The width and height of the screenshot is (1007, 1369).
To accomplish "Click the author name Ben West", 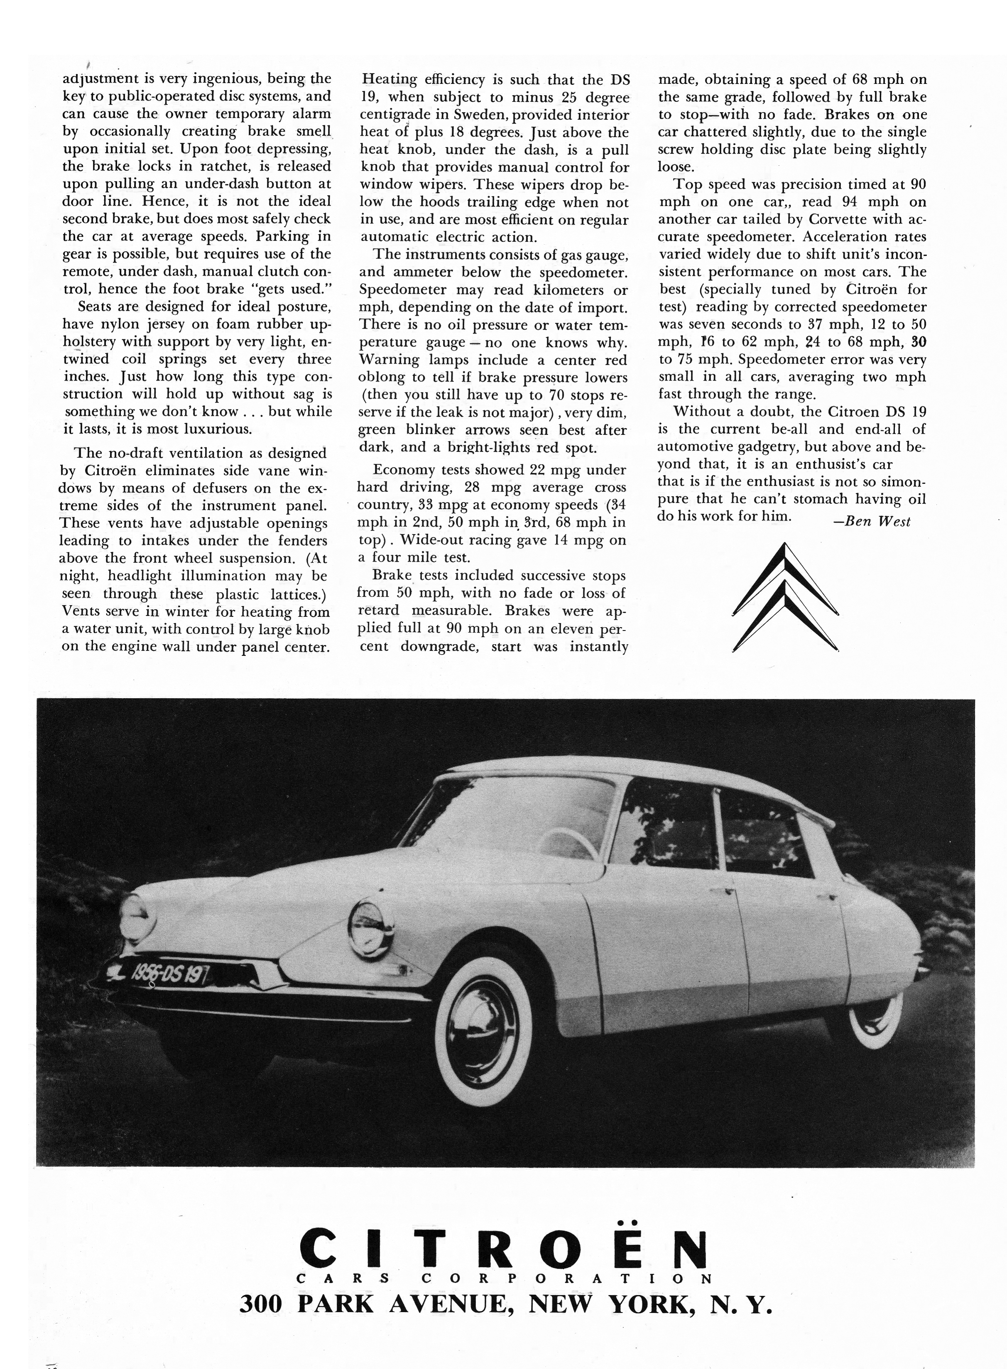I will tap(871, 522).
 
